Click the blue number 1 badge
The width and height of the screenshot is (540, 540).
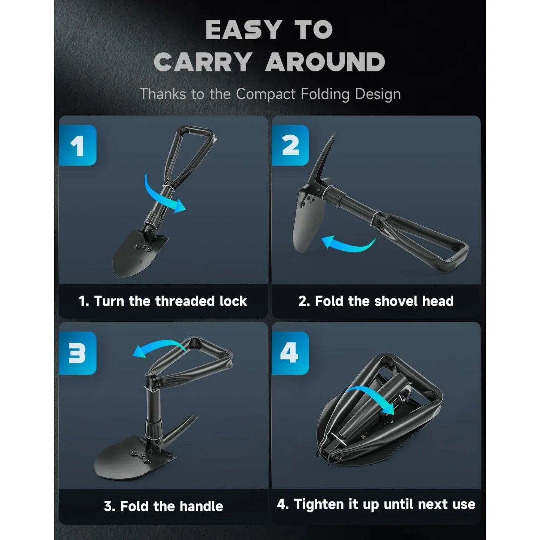pos(78,145)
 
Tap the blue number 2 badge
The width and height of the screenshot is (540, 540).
pos(290,145)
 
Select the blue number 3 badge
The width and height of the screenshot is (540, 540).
pos(78,353)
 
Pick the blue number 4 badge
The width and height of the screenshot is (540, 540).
pos(290,353)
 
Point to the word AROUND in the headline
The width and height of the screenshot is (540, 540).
pos(325,62)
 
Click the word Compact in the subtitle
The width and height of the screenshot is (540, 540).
pos(266,94)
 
